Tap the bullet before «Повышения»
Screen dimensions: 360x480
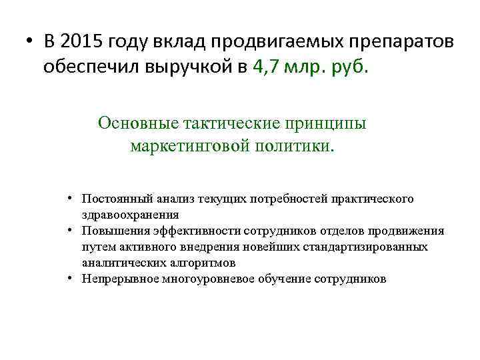point(71,231)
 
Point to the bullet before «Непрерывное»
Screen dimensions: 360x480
point(71,279)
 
